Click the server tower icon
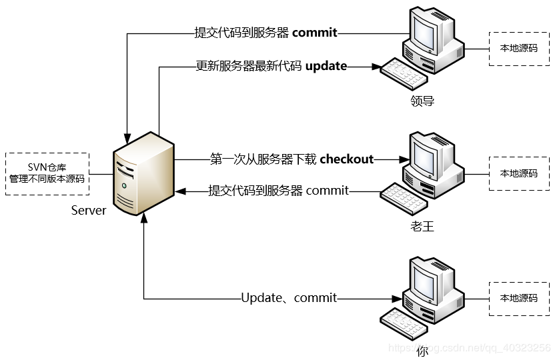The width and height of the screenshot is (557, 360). [x=144, y=173]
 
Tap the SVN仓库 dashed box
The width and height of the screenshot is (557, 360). [x=47, y=173]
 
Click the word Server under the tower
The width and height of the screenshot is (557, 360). [x=89, y=211]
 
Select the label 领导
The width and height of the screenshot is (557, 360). [x=422, y=101]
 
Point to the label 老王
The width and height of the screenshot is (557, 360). [x=422, y=227]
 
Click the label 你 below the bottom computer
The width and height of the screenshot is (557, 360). [x=422, y=351]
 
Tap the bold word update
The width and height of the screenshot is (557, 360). [x=326, y=66]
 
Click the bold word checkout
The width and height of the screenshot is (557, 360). [x=347, y=159]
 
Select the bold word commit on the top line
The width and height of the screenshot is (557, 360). [x=315, y=32]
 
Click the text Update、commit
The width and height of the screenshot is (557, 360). [x=289, y=298]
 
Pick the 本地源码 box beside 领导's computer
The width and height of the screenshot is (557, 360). [x=519, y=48]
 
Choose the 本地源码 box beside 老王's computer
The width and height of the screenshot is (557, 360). [x=519, y=173]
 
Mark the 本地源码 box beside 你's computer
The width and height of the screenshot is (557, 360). [x=519, y=298]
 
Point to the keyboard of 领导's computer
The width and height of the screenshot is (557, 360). [x=404, y=74]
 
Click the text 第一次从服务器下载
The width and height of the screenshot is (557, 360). [x=263, y=159]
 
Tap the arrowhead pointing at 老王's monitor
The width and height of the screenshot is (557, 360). [x=404, y=159]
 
